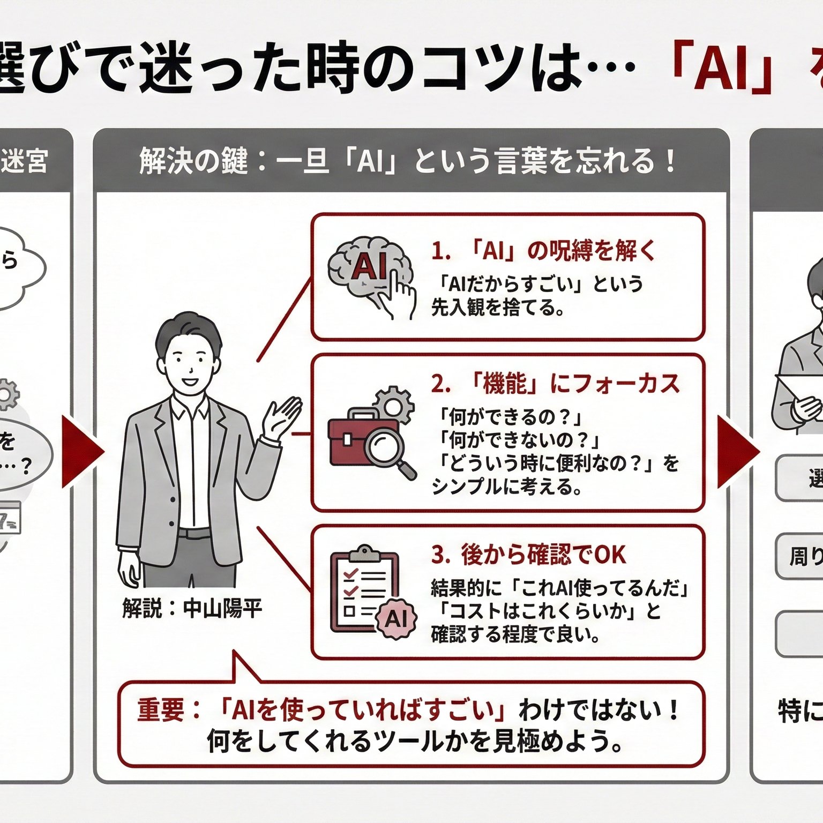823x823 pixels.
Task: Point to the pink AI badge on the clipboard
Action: tap(396, 619)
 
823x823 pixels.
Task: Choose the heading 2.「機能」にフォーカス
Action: tap(555, 384)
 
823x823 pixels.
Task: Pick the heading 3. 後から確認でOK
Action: tap(528, 555)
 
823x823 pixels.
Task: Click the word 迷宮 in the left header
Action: tap(25, 161)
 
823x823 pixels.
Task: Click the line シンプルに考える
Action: tap(506, 487)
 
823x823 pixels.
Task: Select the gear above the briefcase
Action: tap(394, 405)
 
